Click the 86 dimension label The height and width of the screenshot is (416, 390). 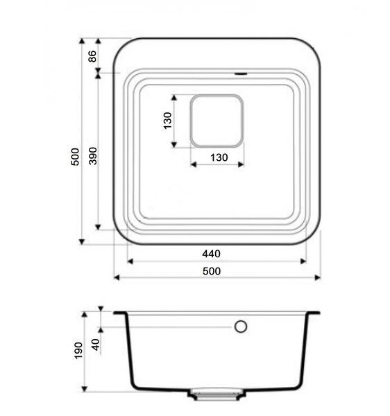(92, 56)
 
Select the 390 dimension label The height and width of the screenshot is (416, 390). (93, 156)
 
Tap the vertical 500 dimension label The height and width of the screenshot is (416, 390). (75, 157)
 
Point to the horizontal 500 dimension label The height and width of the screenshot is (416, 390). (212, 271)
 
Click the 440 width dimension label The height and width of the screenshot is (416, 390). (212, 254)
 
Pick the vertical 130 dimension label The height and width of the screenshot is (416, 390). (168, 121)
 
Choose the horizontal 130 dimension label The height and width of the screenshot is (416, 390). (219, 157)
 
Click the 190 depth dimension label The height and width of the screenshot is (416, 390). (78, 351)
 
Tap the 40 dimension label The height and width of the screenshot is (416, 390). (96, 345)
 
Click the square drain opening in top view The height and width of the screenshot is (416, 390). (217, 121)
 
